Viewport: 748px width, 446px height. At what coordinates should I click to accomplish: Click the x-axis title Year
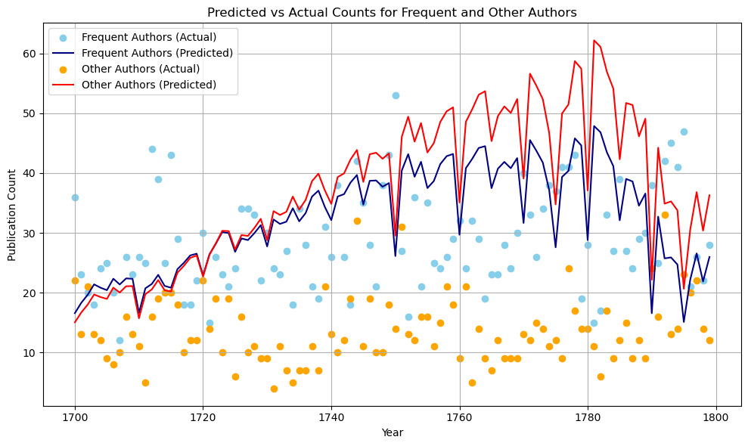(x=391, y=432)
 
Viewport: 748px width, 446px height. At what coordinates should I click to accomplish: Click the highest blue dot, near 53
(x=396, y=95)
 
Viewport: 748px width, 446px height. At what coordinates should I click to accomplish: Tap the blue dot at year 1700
(x=75, y=197)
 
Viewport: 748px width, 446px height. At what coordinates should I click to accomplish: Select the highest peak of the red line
(x=594, y=40)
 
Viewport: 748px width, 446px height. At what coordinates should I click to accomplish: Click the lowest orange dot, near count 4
(x=274, y=389)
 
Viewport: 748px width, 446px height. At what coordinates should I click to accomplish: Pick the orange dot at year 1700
(x=75, y=280)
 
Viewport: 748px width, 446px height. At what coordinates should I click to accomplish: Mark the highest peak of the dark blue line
(x=594, y=125)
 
